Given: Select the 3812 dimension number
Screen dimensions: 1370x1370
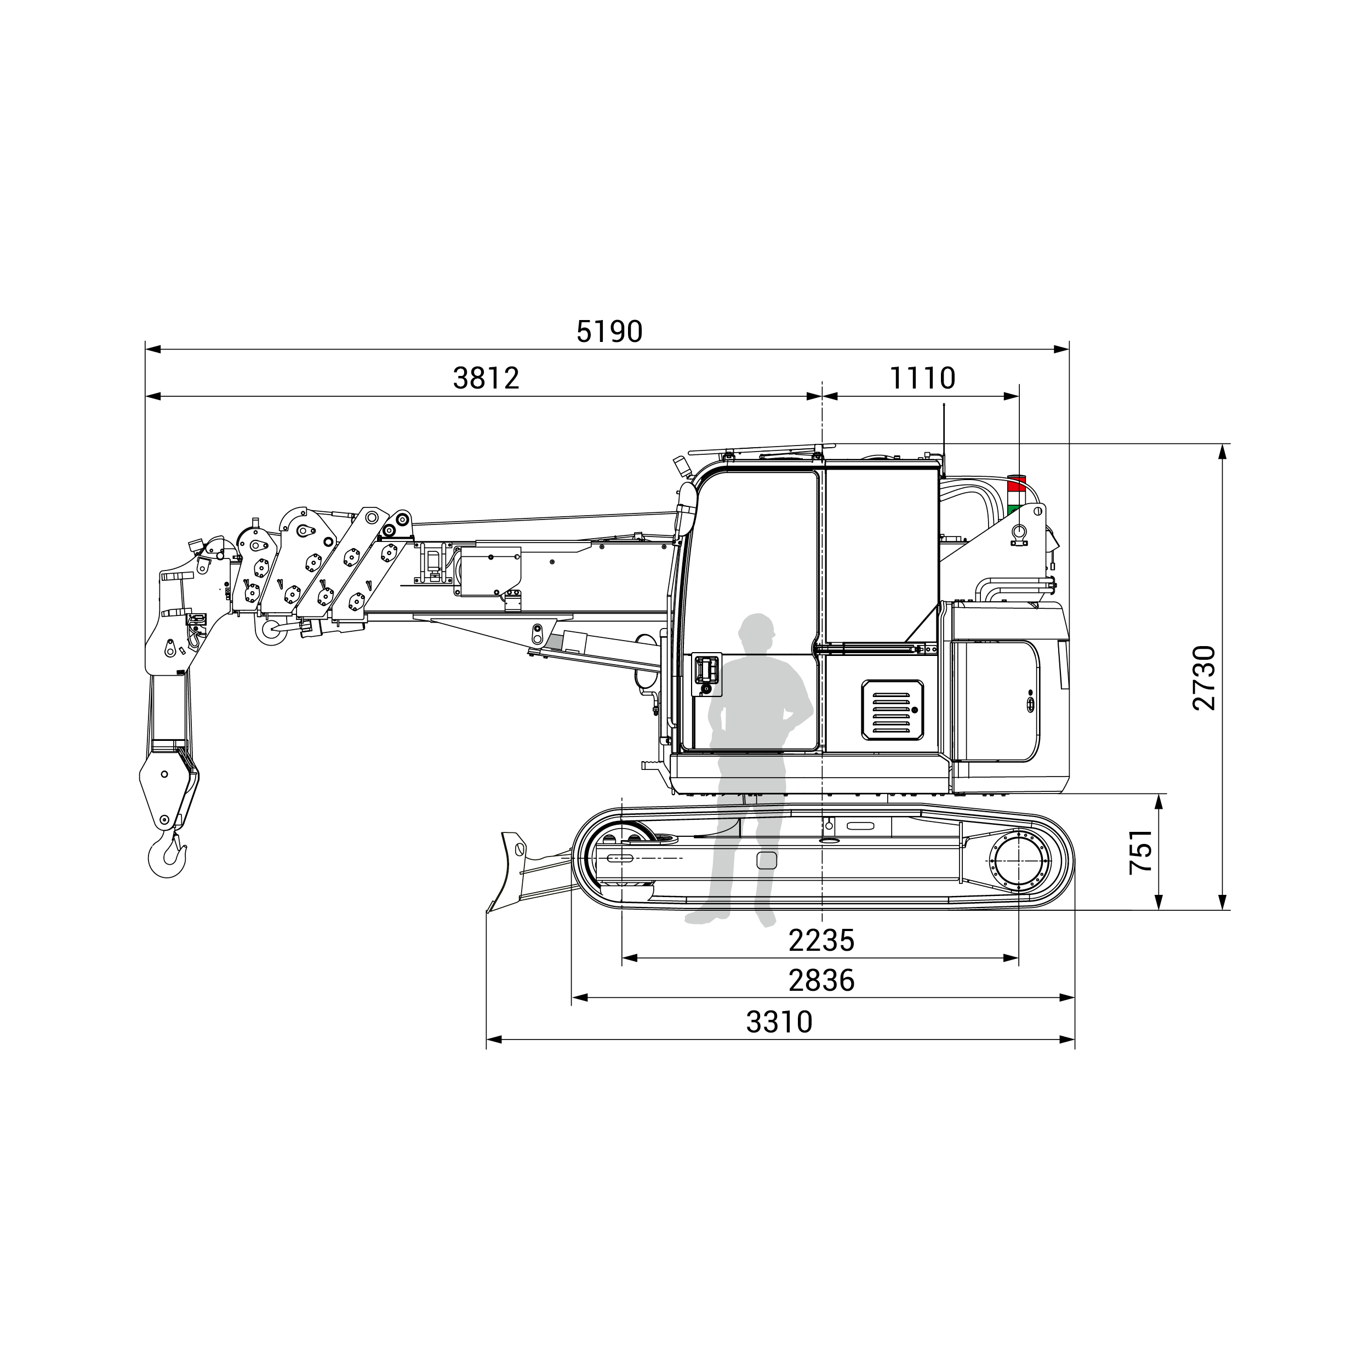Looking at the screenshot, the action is pyautogui.click(x=487, y=379).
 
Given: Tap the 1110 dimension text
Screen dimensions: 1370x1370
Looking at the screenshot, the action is pyautogui.click(x=922, y=379).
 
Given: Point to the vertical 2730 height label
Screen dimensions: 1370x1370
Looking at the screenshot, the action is pyautogui.click(x=1205, y=677).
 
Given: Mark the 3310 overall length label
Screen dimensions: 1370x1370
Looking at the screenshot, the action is pyautogui.click(x=779, y=1022).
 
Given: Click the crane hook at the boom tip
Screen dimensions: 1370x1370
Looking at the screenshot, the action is pyautogui.click(x=167, y=856).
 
